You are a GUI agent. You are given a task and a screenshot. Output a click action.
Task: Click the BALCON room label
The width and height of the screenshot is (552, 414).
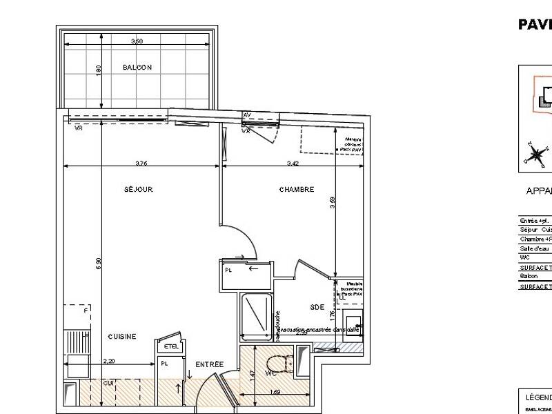click(137, 68)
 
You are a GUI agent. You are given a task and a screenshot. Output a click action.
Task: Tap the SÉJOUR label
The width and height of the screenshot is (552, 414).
click(138, 189)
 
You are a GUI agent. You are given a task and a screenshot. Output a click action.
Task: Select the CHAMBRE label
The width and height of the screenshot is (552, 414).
click(297, 189)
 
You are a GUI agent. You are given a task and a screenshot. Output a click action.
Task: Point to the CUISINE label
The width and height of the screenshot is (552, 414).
click(121, 337)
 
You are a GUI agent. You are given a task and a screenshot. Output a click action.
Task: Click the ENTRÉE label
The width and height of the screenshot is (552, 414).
click(208, 364)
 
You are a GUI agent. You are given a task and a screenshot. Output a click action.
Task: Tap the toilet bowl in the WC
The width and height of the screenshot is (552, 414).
click(278, 366)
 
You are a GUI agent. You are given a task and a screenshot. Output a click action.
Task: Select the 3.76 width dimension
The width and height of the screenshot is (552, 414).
click(141, 164)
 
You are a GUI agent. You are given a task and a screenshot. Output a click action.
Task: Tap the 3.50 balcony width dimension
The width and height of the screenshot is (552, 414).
click(137, 42)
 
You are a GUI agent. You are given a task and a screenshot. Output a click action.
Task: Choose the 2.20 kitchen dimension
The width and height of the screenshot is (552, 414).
click(108, 361)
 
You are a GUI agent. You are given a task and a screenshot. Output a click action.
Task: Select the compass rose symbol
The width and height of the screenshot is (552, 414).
click(534, 153)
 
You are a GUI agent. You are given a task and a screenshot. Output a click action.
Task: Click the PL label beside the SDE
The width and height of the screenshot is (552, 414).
click(228, 271)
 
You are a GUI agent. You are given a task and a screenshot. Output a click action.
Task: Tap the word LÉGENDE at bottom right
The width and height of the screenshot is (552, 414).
click(539, 398)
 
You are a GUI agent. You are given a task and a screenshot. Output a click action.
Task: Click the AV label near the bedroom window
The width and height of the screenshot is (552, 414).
click(246, 115)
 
